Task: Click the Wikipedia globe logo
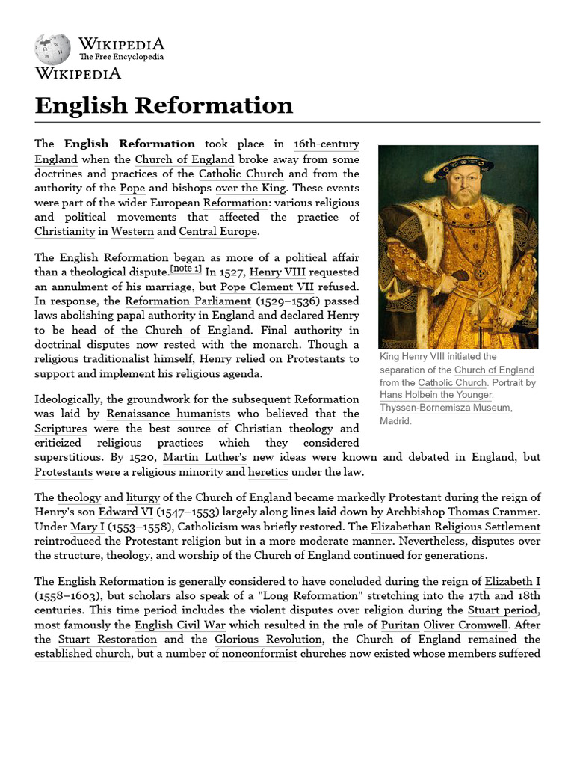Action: point(52,49)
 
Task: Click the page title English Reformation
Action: point(164,105)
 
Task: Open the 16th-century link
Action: point(326,144)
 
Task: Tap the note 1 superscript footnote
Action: point(186,268)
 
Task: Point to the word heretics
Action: point(268,472)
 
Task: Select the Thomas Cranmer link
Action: point(493,512)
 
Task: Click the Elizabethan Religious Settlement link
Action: point(466,527)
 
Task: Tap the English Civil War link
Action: point(176,625)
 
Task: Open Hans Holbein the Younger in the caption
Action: point(436,395)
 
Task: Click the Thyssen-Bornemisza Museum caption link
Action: point(444,408)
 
